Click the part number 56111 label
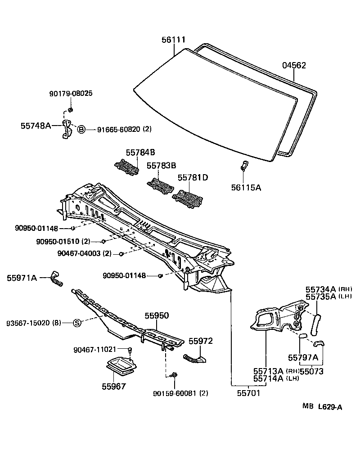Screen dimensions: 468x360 [174, 40]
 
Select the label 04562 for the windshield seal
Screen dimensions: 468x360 [294, 65]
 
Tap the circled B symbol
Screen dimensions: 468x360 [81, 130]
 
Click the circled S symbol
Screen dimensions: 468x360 [76, 323]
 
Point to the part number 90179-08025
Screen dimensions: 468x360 [71, 94]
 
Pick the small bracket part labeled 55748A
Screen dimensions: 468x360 [67, 129]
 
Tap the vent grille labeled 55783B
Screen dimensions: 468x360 [159, 186]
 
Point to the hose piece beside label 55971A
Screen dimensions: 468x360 [57, 279]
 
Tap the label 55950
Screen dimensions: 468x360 [156, 316]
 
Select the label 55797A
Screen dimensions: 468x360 [303, 358]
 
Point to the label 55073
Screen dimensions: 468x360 [311, 371]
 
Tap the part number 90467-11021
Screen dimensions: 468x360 [95, 349]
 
